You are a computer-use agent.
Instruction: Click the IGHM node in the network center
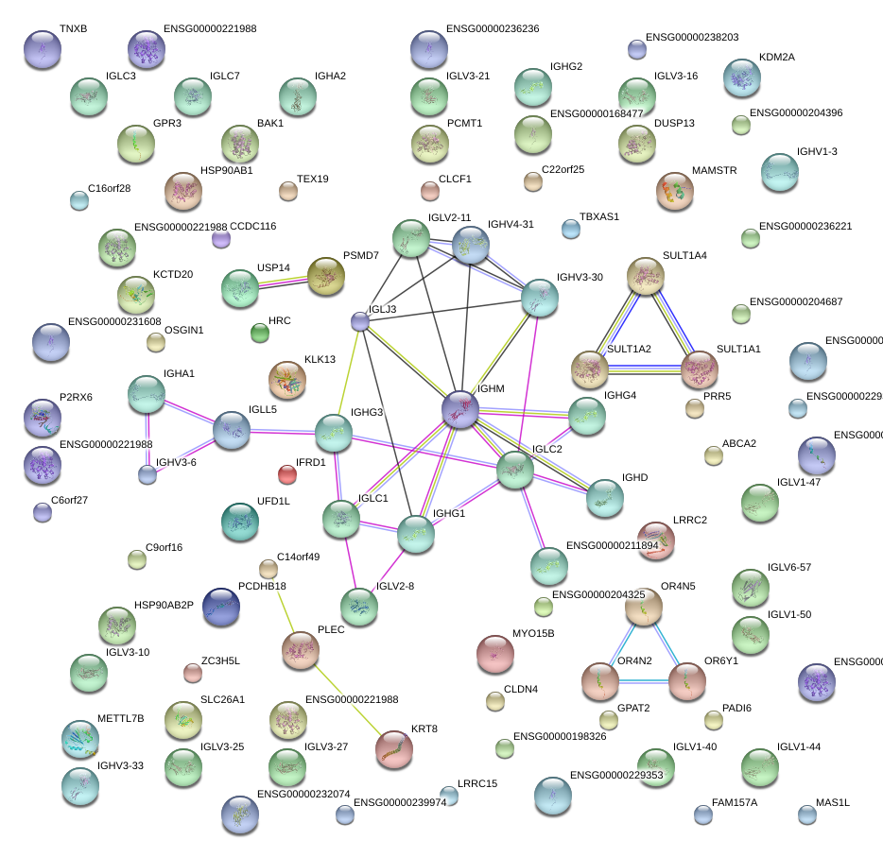pos(460,410)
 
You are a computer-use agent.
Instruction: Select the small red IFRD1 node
pos(287,472)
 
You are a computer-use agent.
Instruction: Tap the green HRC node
pos(260,332)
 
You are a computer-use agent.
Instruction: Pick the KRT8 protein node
pos(394,749)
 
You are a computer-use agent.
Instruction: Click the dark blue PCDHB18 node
pos(221,607)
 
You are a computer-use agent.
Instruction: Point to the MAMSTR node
pos(674,192)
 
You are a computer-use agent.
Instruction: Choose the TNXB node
pos(42,49)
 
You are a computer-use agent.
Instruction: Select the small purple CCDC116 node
pos(220,239)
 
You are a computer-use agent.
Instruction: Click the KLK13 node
pos(287,380)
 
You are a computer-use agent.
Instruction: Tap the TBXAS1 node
pos(570,228)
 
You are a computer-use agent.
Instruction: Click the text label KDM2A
pos(776,57)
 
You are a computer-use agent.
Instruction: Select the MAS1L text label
pos(833,802)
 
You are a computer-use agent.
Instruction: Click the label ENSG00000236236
pos(493,28)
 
